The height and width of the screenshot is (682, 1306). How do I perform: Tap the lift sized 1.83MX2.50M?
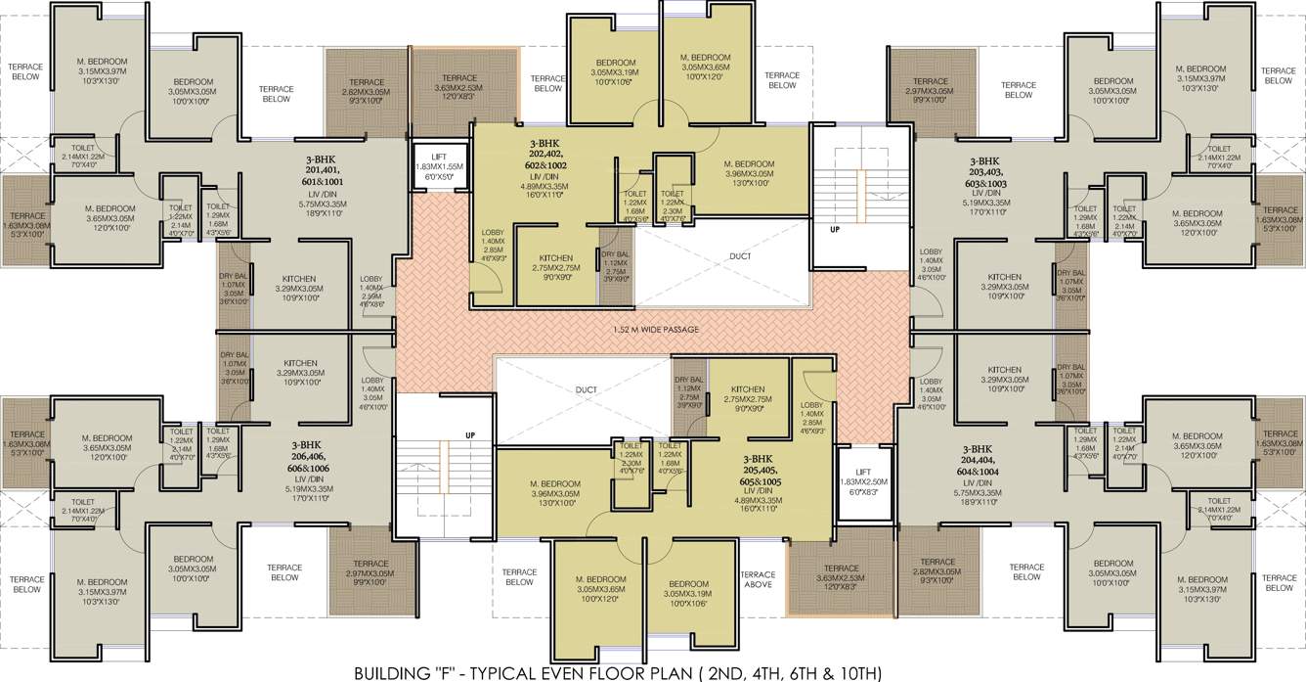click(x=863, y=482)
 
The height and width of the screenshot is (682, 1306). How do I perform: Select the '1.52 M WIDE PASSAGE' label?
click(x=656, y=330)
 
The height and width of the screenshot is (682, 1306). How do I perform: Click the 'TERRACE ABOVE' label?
click(x=759, y=579)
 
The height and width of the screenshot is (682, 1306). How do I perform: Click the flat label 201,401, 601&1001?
click(x=321, y=175)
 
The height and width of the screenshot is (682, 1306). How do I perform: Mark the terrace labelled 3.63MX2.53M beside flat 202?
click(x=459, y=85)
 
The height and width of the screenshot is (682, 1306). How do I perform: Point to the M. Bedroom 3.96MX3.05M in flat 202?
click(x=749, y=170)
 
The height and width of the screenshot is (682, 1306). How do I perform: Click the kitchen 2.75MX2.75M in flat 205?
click(x=748, y=394)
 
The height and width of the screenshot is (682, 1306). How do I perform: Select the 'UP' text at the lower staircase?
click(x=470, y=434)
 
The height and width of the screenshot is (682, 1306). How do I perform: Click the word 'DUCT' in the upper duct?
click(x=740, y=257)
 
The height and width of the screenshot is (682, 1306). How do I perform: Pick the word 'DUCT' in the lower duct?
click(x=586, y=389)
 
